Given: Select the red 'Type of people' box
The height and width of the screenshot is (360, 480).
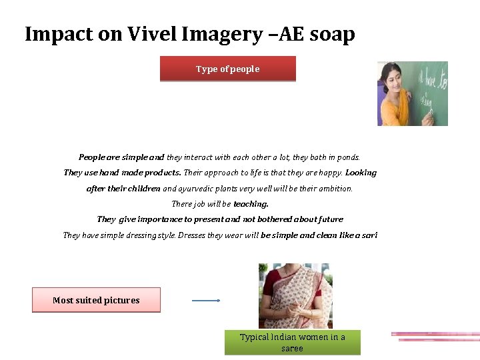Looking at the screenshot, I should click(x=227, y=69).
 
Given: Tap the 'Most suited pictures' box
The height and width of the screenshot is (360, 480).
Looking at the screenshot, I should click(x=96, y=300).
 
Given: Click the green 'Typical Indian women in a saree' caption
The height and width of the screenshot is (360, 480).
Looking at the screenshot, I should click(x=292, y=343).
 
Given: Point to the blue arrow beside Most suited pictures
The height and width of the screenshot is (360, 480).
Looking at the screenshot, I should click(x=206, y=301).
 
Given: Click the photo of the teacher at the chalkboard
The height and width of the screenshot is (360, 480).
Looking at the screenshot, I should click(x=412, y=93).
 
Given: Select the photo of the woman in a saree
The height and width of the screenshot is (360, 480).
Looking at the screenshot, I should click(x=295, y=295).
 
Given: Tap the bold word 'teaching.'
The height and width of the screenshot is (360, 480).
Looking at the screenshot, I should click(x=251, y=204).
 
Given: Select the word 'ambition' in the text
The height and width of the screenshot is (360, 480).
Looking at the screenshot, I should click(x=333, y=189).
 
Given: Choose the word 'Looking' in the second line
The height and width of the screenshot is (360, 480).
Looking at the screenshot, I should click(x=361, y=173).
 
